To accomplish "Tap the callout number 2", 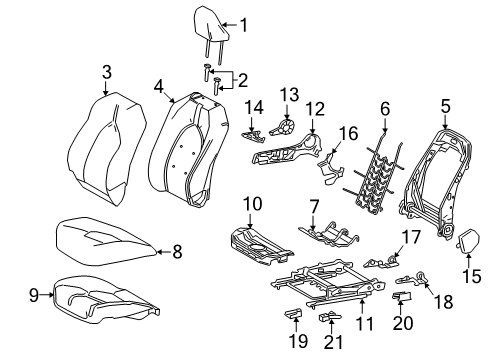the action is [243, 80].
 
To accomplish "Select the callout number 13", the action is [289, 95].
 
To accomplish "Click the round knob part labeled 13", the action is [283, 128].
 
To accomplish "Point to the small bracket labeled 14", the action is [252, 136].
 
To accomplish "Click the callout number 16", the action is [348, 133].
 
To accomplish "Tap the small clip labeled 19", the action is [293, 313].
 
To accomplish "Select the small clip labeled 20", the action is [402, 295].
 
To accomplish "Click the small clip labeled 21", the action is [330, 316].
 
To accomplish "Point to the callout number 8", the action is [177, 251].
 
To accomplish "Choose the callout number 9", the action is [34, 295].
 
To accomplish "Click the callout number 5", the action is [445, 106].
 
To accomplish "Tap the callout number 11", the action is [365, 323].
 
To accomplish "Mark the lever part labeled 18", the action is [412, 279].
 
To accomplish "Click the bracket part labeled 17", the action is [381, 261].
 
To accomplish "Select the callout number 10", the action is [252, 204].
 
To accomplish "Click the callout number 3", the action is [107, 72].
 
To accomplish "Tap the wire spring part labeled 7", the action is [329, 234].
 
